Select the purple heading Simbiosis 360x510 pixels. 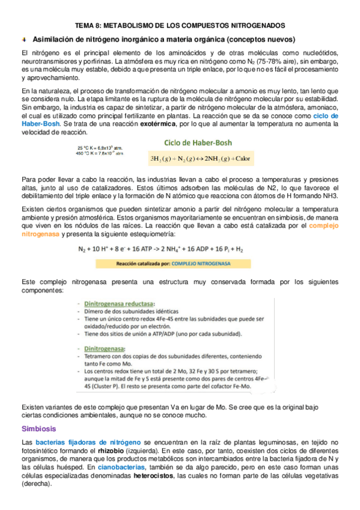(38, 429)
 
